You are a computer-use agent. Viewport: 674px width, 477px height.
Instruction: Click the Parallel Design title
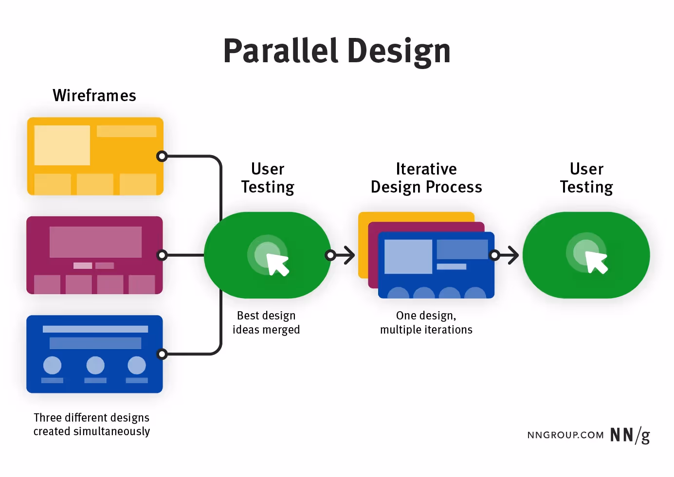[337, 51]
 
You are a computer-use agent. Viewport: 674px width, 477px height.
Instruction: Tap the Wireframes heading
[94, 95]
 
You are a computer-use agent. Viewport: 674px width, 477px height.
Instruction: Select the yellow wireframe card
[95, 156]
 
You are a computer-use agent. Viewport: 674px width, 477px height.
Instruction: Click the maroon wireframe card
[94, 255]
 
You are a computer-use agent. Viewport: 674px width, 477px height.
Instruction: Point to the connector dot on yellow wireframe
[162, 156]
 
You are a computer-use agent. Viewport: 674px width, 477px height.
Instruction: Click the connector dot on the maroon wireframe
[162, 255]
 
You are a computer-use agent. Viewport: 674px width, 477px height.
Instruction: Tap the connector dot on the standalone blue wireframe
[162, 354]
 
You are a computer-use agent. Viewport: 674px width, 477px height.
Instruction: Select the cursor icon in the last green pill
[596, 263]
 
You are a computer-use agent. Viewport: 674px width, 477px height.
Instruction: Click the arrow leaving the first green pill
[342, 255]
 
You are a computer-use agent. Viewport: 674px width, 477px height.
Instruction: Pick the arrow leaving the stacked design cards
[506, 255]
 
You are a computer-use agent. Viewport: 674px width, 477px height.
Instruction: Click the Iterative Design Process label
[426, 178]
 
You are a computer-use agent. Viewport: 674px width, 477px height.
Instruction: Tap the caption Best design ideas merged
[266, 322]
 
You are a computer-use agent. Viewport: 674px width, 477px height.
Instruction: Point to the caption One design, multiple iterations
[426, 322]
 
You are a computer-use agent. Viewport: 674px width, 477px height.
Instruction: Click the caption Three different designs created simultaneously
[91, 424]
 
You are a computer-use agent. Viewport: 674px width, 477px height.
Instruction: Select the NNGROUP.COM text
[565, 435]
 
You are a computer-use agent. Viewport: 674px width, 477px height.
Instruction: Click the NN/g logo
[630, 435]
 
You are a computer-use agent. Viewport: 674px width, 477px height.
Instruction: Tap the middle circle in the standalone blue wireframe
[95, 365]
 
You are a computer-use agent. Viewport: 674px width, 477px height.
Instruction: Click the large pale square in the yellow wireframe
[62, 145]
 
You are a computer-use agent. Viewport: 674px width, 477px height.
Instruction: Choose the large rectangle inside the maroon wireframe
[95, 242]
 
